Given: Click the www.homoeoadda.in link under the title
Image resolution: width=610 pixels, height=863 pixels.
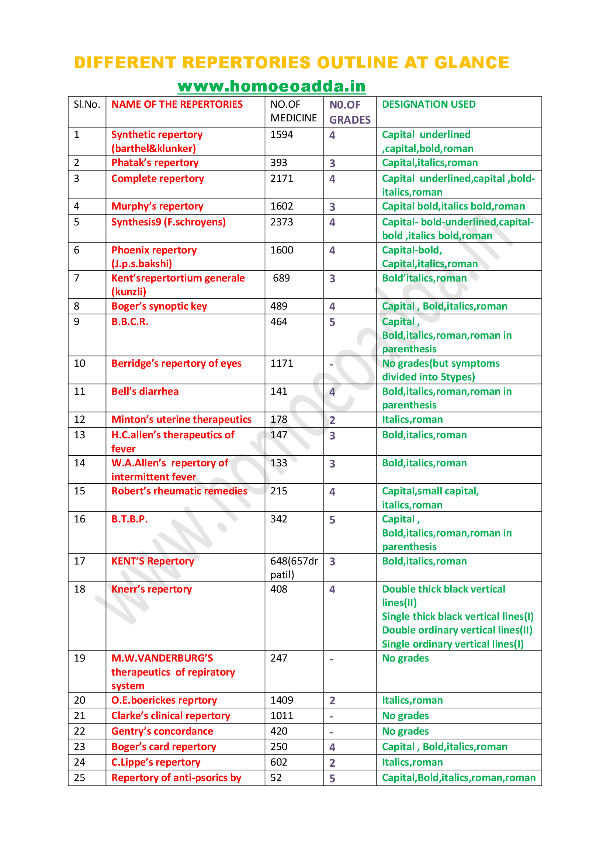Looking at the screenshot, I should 271,86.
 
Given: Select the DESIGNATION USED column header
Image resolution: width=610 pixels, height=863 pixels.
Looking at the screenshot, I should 429,104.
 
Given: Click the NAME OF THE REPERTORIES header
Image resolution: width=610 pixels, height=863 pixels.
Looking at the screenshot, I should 177,104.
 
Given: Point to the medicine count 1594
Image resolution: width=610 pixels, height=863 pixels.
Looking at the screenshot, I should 282,135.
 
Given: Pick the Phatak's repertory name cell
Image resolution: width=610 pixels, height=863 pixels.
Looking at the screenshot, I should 155,163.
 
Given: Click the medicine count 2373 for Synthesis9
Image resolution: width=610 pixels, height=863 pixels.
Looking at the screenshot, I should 282,222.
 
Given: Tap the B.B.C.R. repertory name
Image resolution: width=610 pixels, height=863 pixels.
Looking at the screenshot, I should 130,322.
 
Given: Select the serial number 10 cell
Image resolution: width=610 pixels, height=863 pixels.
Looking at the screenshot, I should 80,363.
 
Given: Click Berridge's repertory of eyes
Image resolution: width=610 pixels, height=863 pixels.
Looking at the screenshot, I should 176,363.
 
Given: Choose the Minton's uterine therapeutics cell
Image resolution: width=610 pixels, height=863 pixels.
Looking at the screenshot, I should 181,420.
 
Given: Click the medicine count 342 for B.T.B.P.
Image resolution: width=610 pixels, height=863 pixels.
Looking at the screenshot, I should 279,519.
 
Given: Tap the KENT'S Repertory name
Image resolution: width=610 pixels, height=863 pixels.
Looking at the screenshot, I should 153,561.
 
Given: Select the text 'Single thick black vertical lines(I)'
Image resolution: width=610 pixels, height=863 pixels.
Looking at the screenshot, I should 457,617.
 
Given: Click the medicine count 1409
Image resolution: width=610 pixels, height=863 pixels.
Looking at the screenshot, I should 282,700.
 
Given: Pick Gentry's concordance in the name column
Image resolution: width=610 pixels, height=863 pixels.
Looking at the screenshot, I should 162,731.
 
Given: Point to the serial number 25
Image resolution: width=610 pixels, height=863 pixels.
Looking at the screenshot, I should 80,778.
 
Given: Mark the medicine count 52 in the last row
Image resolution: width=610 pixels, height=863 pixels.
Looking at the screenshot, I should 276,778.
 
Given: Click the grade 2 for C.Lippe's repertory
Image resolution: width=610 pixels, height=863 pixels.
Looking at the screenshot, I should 332,763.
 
